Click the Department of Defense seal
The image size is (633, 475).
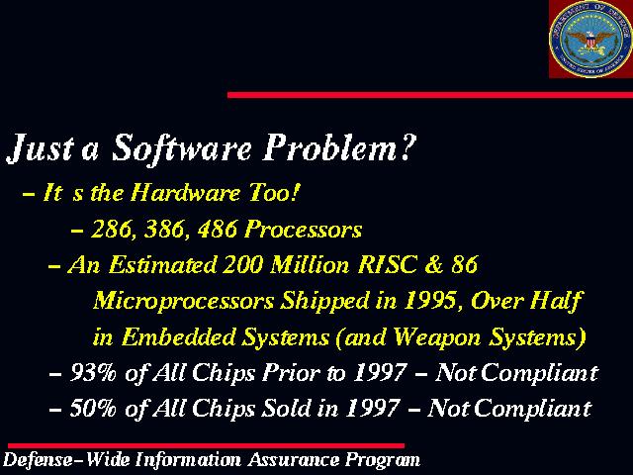pos(590,39)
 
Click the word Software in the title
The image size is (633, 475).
pos(181,148)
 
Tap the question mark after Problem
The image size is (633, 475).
pos(407,146)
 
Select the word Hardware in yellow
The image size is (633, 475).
pos(186,192)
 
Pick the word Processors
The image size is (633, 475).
pos(304,230)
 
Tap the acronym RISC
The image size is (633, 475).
pos(387,265)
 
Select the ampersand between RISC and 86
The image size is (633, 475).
pos(433,265)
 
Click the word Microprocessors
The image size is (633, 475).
pos(184,302)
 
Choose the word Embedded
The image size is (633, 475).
pos(178,336)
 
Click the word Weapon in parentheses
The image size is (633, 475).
pos(437,337)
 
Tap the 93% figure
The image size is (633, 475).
pos(93,372)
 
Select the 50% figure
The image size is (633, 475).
pos(93,408)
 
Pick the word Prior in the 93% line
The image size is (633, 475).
pos(291,372)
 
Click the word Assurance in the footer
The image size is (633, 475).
pos(294,459)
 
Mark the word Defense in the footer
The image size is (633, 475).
pos(38,459)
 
